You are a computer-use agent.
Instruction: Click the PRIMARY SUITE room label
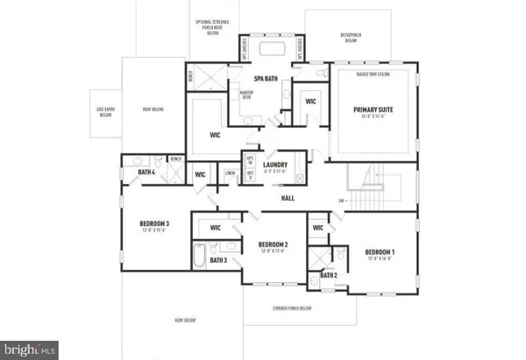375,111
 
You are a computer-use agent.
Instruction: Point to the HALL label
288,198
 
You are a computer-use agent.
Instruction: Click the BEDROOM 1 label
380,253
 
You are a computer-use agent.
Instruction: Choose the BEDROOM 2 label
274,244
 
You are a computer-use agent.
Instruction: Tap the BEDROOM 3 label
154,224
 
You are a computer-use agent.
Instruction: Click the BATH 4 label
146,172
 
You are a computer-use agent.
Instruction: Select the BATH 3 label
219,260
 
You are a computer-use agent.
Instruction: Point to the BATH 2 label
328,275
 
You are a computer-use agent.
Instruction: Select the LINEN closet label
230,173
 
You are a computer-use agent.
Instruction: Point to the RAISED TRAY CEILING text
373,75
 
